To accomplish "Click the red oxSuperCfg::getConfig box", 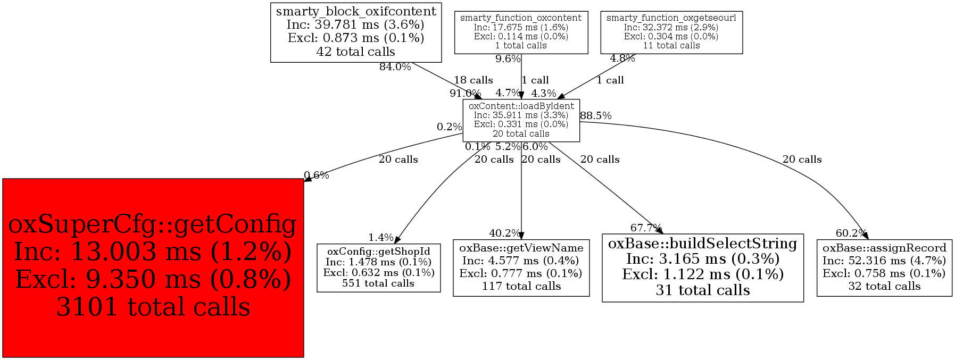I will [x=153, y=267].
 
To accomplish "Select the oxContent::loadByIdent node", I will [x=521, y=120].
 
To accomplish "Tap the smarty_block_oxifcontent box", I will [x=356, y=32].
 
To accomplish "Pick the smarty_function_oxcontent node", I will [x=521, y=32].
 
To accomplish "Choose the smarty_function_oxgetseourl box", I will [x=671, y=32].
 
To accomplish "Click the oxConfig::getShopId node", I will [x=378, y=267].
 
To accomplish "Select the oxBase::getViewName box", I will [x=521, y=267].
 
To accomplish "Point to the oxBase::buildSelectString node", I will [x=702, y=267].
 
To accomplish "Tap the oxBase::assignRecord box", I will [x=884, y=267].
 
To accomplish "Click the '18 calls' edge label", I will [x=473, y=80].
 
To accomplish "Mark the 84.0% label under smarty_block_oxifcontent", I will [x=395, y=67].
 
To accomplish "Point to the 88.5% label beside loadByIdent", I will [x=595, y=115].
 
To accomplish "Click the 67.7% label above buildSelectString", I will [x=646, y=228].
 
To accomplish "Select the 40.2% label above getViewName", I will [x=505, y=233].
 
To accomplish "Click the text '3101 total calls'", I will [x=153, y=307].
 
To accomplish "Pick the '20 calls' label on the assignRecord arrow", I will [x=802, y=160].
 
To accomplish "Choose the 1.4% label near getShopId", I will [x=381, y=238].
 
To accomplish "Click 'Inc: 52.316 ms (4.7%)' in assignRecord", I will [x=884, y=261].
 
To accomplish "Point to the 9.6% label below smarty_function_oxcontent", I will [x=508, y=59].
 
